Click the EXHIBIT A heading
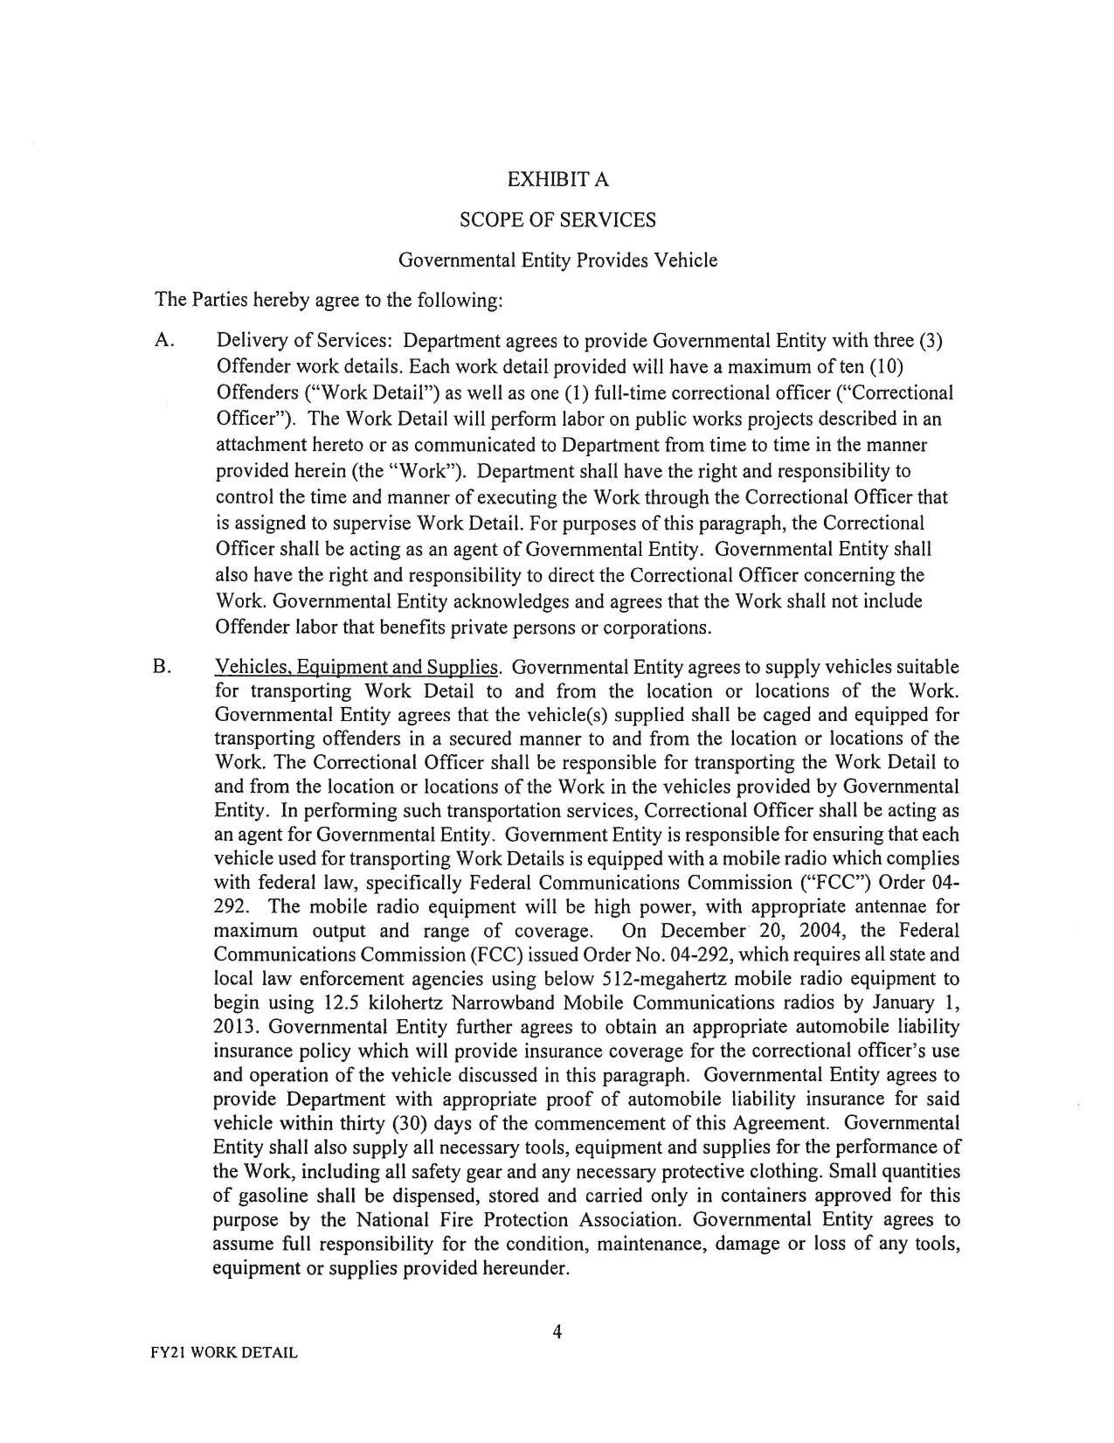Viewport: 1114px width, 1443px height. pos(557,180)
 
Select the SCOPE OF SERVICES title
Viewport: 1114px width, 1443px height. pos(557,220)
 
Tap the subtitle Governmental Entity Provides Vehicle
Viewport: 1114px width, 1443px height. pos(557,260)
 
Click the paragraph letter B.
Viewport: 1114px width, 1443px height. pos(162,668)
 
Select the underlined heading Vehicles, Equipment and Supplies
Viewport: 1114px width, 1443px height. pos(357,668)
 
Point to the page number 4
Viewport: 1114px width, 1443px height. pos(557,1332)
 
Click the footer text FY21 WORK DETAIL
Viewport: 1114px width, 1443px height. pos(224,1353)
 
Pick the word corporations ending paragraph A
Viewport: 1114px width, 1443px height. pos(655,628)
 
